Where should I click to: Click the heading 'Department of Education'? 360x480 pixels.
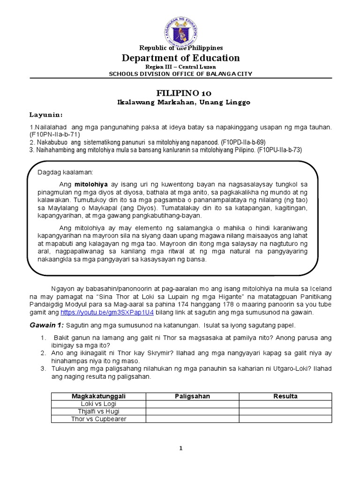(x=180, y=58)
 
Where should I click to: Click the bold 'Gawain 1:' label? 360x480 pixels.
(x=47, y=325)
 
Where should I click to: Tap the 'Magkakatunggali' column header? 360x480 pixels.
(x=98, y=396)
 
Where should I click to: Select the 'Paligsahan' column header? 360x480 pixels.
(x=192, y=396)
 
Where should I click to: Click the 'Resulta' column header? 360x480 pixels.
(x=285, y=396)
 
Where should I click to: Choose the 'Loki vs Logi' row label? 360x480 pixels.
(x=98, y=404)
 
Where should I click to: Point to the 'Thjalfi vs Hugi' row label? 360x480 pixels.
(x=98, y=411)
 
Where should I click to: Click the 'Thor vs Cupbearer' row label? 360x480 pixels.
(x=98, y=419)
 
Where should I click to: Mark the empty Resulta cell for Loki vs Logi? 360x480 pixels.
(x=285, y=404)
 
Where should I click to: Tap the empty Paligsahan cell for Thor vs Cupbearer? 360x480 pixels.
(x=192, y=419)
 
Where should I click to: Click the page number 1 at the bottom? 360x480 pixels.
(x=180, y=448)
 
